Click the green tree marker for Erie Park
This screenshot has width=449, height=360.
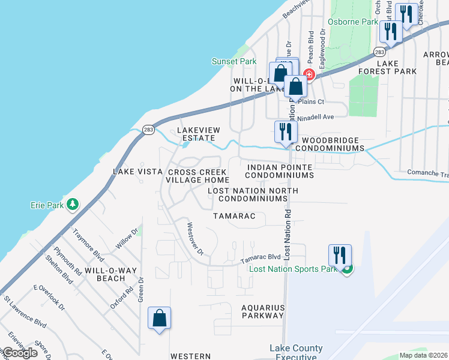point(73,205)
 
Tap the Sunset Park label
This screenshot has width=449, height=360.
point(234,61)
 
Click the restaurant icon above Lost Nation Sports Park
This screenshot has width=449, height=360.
point(340,255)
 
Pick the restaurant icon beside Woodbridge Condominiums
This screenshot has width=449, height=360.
point(286,132)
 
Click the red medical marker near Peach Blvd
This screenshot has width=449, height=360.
point(309,74)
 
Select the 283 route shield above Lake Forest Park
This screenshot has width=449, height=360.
point(379,52)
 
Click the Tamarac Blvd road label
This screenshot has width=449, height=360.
point(261,257)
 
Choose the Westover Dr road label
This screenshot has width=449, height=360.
point(196,239)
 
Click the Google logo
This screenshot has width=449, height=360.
point(20,353)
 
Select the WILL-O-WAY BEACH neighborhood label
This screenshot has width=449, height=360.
point(104,274)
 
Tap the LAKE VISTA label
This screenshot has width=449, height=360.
point(138,172)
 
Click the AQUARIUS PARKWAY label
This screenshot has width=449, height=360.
point(262,311)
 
